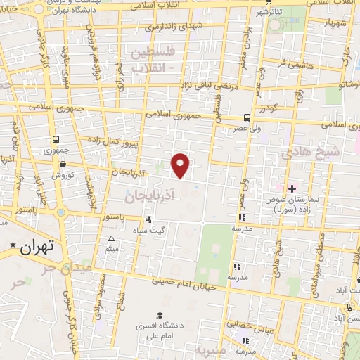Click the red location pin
coord(181,165)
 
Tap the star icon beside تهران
coord(13,245)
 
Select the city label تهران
coord(37,247)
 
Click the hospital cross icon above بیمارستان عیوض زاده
coord(292,188)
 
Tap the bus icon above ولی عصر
coord(247,118)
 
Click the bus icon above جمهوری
coord(55,139)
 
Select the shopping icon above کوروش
coord(63,165)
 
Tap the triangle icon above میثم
coord(111,239)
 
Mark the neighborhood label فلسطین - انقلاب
coord(148,58)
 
